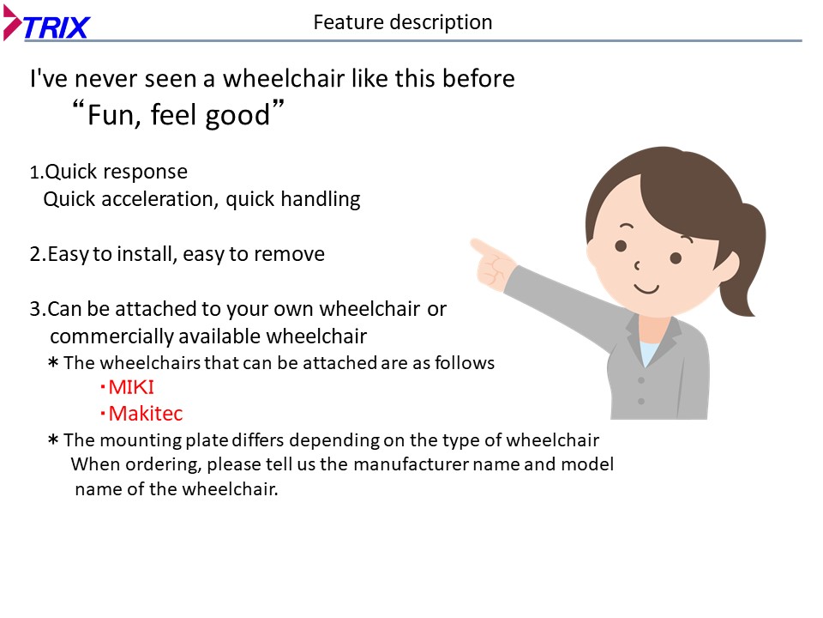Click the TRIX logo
coord(46,23)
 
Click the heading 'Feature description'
coord(403,22)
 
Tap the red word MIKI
coord(130,387)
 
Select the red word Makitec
coord(146,413)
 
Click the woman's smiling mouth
coord(646,288)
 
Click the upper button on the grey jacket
coord(641,380)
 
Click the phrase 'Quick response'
coord(116,172)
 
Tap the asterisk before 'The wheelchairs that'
coord(53,363)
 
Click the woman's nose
coord(637,265)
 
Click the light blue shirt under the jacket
coord(649,352)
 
